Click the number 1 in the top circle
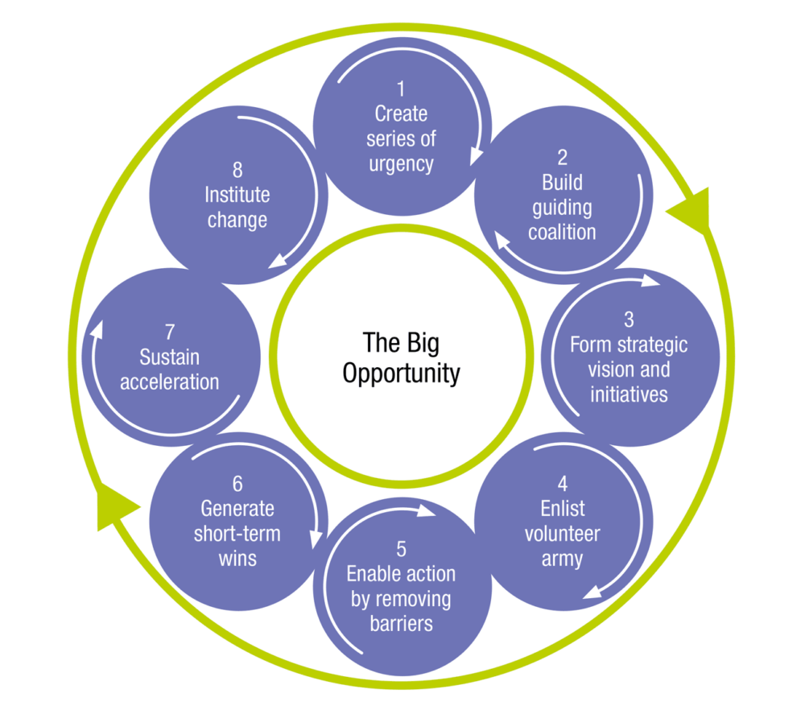401,89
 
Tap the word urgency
401,164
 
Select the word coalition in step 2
562,233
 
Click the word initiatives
629,394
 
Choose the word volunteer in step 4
562,533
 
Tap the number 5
401,550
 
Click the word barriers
401,623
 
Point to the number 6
237,485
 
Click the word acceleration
170,381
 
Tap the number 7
170,332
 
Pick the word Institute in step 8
237,195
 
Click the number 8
237,171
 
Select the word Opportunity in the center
401,374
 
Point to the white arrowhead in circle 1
476,155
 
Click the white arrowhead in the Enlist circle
590,592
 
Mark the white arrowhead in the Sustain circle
97,328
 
